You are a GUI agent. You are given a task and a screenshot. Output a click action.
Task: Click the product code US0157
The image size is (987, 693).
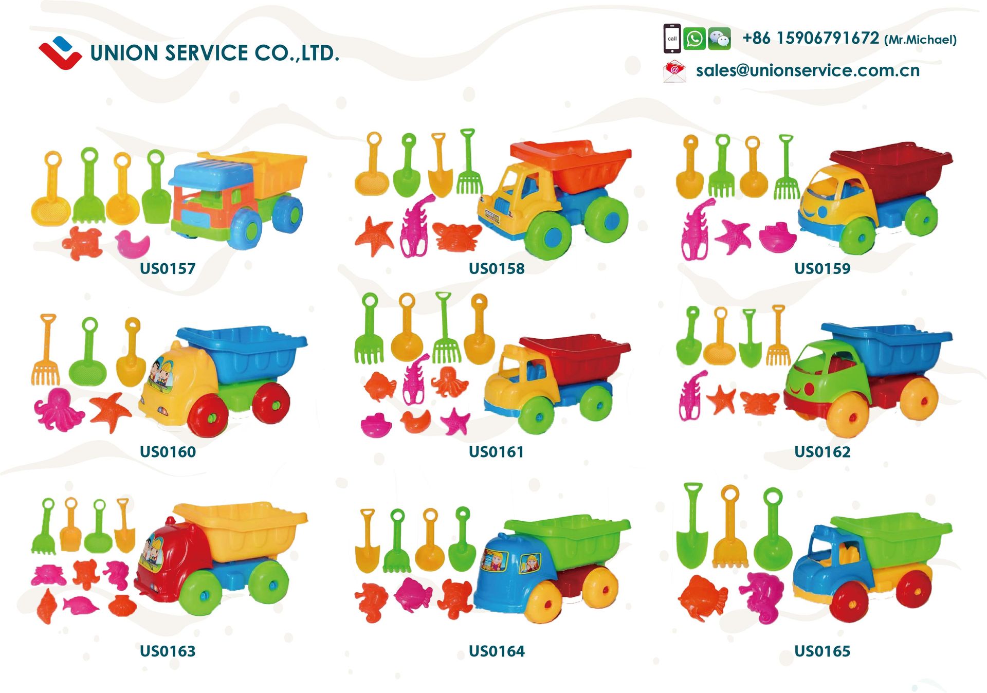click(168, 268)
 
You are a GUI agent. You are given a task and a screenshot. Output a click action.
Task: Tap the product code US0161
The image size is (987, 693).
click(497, 452)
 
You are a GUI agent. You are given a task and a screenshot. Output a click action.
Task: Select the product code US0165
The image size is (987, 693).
click(822, 651)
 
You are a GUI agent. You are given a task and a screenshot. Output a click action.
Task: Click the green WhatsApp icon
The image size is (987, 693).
click(694, 39)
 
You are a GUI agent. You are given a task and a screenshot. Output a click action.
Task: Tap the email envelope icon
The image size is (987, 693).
click(674, 71)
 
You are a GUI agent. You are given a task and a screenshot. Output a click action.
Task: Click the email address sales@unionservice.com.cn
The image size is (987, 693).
click(808, 71)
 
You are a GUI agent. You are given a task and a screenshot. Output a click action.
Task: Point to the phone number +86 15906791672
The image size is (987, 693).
click(811, 39)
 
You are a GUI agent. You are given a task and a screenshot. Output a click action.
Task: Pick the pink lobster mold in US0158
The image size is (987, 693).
click(415, 226)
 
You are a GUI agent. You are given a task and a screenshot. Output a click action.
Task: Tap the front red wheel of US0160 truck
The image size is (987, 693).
click(208, 416)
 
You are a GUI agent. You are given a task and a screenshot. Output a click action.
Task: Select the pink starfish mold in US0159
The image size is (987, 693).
click(734, 236)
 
